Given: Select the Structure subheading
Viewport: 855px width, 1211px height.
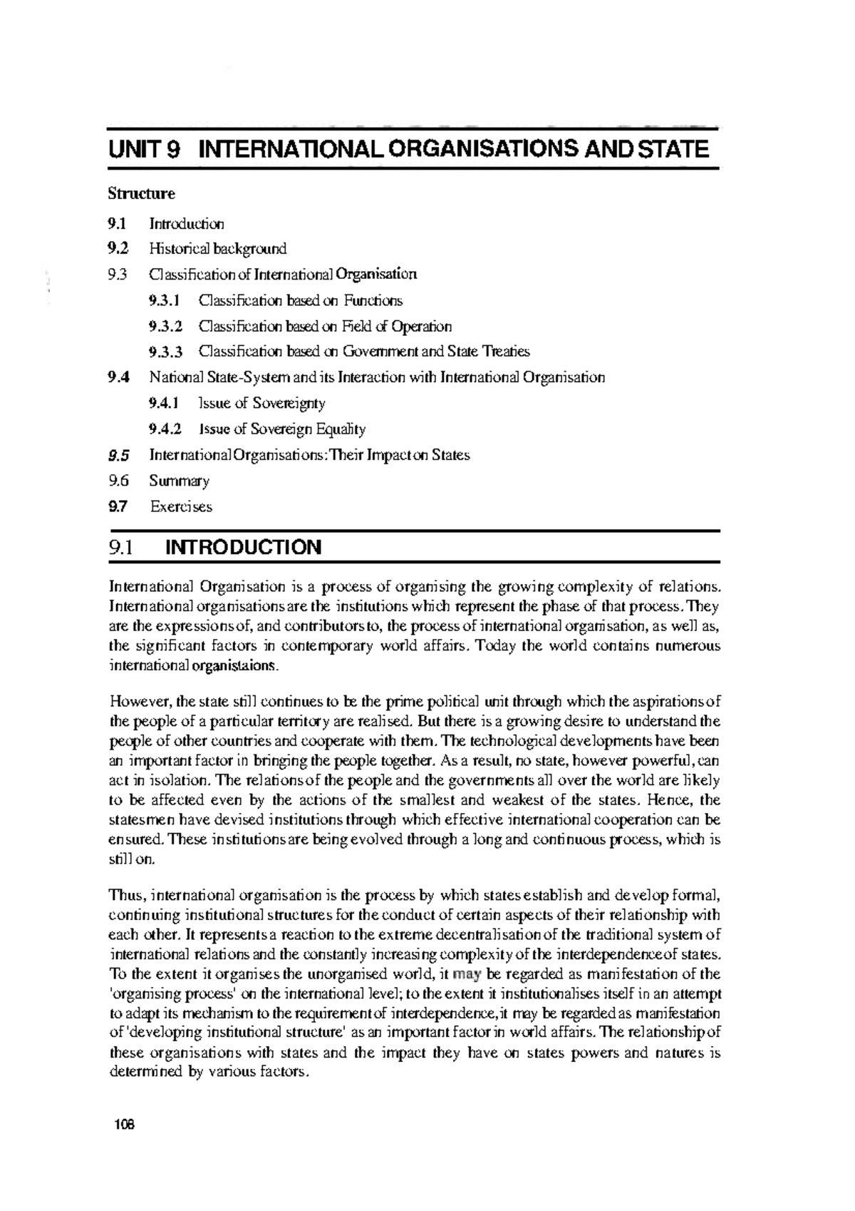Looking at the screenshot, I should pos(141,193).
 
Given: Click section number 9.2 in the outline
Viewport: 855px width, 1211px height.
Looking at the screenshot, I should pos(119,249).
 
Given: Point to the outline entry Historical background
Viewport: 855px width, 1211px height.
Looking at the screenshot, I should pos(217,249).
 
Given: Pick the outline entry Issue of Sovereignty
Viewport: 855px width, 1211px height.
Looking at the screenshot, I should pos(262,404).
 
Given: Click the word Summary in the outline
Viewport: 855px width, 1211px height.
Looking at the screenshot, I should pos(179,481).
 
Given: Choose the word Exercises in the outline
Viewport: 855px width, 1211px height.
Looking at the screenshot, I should pos(181,507).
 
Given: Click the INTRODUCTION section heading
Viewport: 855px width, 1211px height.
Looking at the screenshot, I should pos(243,548).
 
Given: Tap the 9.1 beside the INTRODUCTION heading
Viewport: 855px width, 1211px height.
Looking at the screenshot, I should pos(120,548).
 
